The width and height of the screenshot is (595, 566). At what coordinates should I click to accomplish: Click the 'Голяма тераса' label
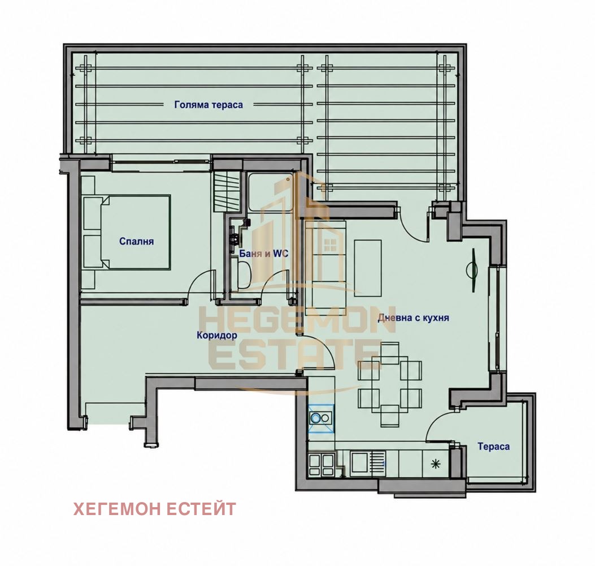[x=209, y=105]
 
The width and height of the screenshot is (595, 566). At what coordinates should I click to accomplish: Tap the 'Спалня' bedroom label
[x=136, y=241]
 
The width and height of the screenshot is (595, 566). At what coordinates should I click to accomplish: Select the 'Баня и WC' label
[x=264, y=254]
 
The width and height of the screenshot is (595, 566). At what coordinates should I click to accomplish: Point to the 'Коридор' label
[x=216, y=335]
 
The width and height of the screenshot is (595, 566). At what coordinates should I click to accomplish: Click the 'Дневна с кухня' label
[x=413, y=318]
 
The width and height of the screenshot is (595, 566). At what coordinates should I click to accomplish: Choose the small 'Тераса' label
[x=493, y=446]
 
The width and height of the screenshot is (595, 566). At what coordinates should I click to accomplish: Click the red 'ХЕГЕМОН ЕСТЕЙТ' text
[x=154, y=509]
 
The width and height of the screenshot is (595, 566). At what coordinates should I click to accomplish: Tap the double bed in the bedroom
[x=127, y=233]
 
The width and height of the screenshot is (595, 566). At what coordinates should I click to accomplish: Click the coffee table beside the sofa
[x=368, y=268]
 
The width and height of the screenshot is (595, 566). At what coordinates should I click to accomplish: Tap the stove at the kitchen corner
[x=322, y=465]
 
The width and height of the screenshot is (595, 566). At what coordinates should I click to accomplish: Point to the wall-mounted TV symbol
[x=472, y=270]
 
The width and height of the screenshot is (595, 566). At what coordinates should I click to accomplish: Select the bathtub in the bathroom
[x=270, y=191]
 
